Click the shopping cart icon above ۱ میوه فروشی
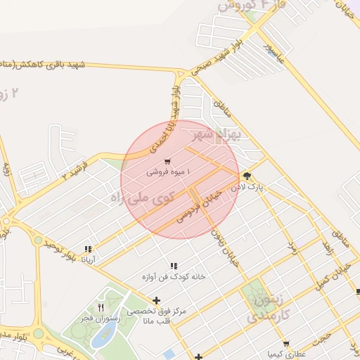click(167, 162)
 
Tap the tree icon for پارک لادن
click(247, 176)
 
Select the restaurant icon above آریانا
click(88, 249)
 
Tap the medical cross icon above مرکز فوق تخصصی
click(156, 301)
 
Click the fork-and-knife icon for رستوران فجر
click(101, 307)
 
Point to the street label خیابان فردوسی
click(199, 204)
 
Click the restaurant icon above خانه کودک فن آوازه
click(174, 266)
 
